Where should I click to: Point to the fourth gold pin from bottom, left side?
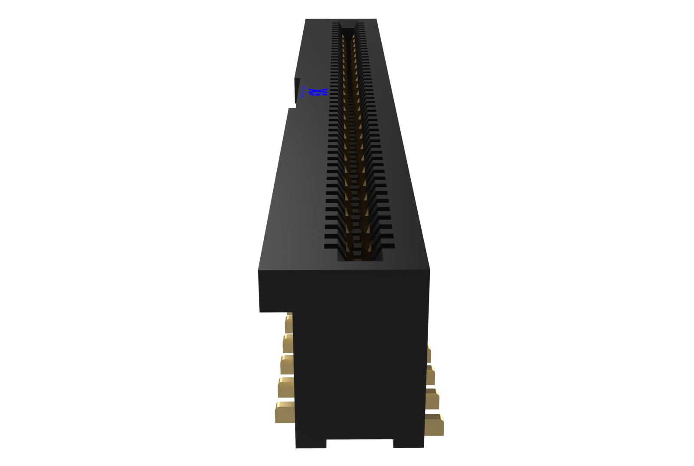288,343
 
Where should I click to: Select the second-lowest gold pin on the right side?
432,399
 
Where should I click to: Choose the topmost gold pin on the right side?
429,353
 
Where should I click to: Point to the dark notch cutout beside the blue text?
297,91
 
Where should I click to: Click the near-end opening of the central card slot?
360,256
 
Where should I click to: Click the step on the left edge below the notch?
290,109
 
